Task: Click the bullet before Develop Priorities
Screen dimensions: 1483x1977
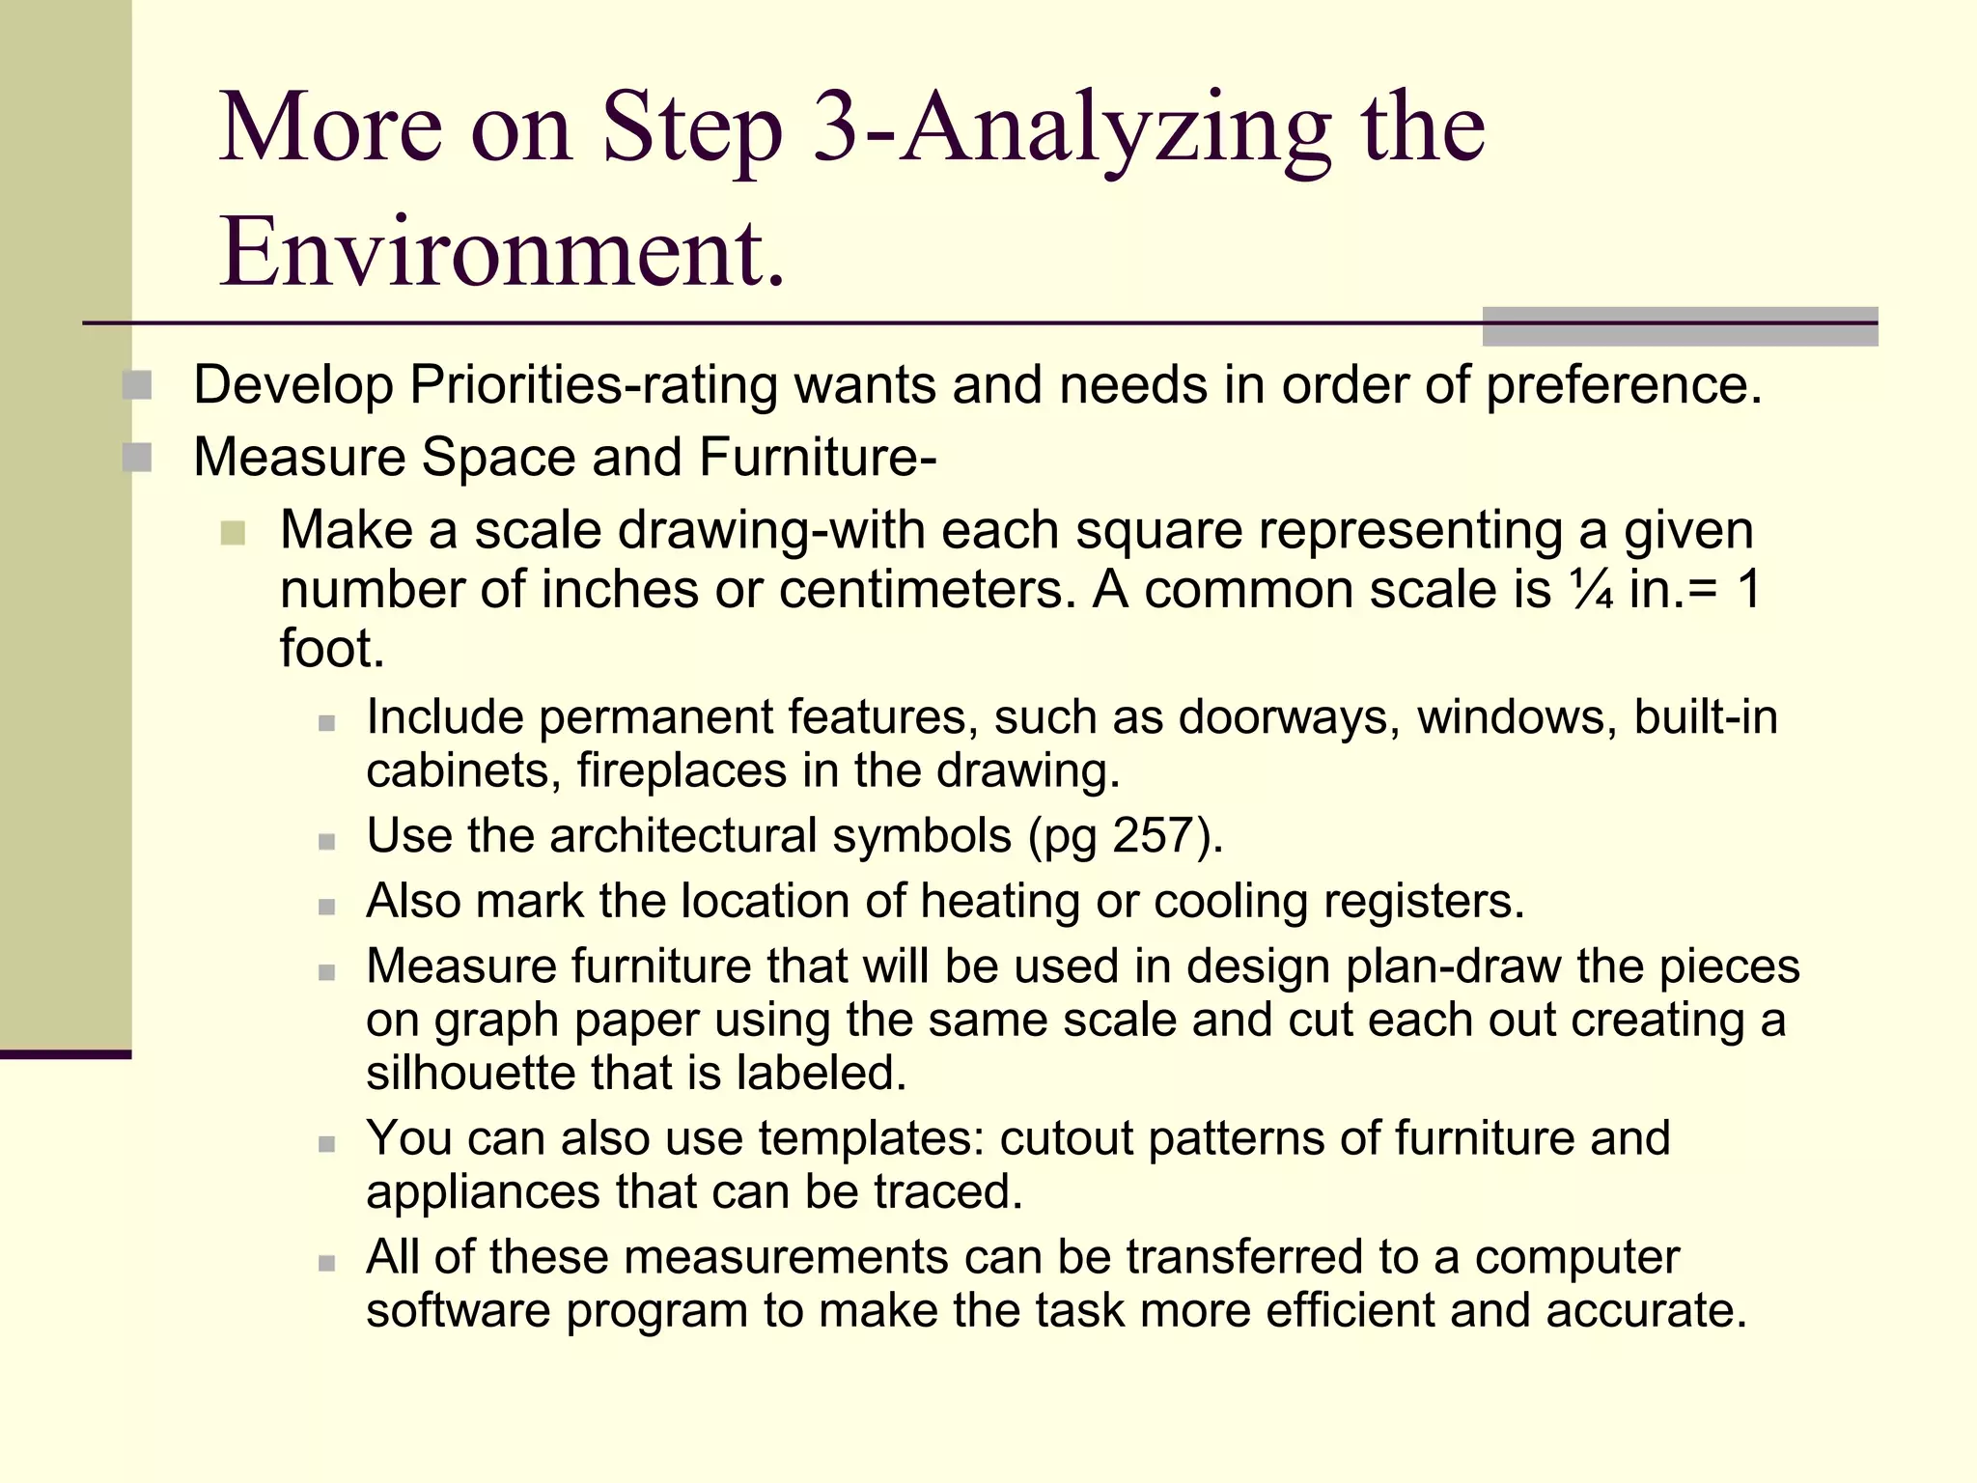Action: click(137, 385)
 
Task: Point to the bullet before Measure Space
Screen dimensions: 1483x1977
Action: click(137, 458)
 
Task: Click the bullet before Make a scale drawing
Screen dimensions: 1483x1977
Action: click(233, 532)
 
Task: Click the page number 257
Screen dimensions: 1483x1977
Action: click(1154, 835)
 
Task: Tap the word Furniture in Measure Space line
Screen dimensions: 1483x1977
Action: click(817, 458)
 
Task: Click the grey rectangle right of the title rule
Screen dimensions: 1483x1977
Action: click(1680, 326)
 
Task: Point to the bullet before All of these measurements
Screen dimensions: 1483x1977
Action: click(327, 1263)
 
